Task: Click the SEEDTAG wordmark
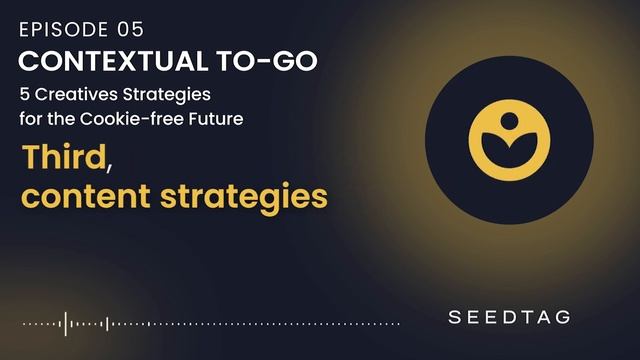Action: point(509,317)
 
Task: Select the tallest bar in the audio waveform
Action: point(66,323)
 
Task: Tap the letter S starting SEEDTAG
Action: point(455,317)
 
